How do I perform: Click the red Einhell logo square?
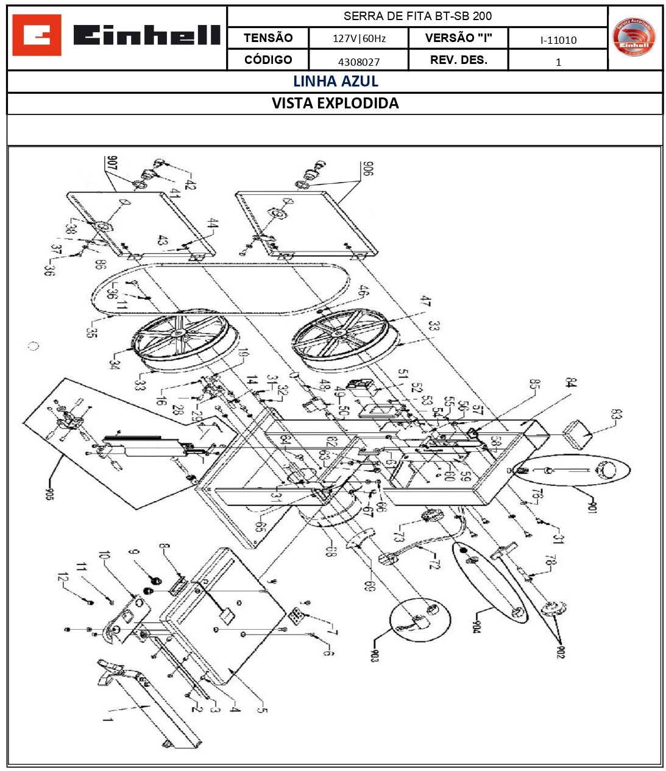pos(37,35)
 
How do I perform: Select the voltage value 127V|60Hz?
pos(359,38)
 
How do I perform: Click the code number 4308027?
pos(359,62)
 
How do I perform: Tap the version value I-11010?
pos(558,40)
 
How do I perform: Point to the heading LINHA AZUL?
pos(335,81)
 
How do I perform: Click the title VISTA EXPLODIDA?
pos(335,103)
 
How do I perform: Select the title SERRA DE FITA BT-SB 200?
pos(417,16)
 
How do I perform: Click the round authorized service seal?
pos(634,37)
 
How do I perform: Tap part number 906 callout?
pos(367,168)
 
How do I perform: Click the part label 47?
pos(425,301)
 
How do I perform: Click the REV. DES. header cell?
pos(458,60)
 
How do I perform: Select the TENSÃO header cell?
pos(268,38)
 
